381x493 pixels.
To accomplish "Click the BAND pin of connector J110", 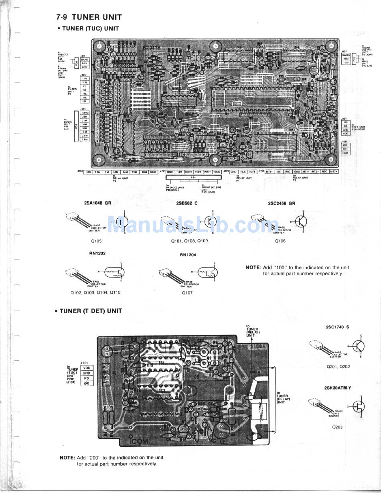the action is (x=85, y=59).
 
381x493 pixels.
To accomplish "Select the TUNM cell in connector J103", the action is (x=85, y=113).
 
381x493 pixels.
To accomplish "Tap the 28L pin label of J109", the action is (x=85, y=101).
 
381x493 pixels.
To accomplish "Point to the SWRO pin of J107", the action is (x=346, y=55).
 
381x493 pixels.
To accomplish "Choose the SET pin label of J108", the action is (x=345, y=149).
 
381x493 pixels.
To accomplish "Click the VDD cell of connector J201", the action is (x=87, y=367).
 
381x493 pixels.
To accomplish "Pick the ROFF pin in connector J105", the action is (x=252, y=172).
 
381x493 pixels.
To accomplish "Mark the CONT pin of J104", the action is (x=188, y=172).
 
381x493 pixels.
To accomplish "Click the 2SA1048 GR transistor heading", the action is (x=98, y=203).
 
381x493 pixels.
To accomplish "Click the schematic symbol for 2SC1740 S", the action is (x=358, y=345).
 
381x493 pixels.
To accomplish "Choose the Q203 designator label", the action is (x=337, y=427).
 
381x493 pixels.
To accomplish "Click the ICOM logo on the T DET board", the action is (x=139, y=441).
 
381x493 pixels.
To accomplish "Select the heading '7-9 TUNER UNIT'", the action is (x=89, y=17).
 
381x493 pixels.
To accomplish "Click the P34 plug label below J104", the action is (x=193, y=177).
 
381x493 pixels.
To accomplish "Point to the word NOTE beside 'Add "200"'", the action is (x=67, y=457).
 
